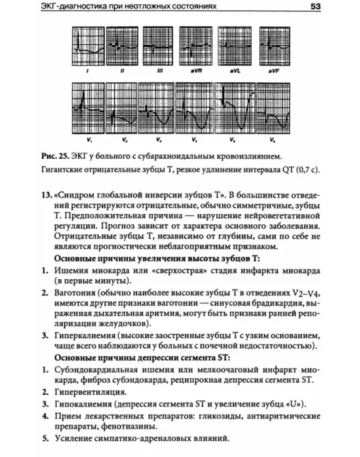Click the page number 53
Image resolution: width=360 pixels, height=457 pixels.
[315, 7]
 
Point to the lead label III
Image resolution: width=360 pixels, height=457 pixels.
[157, 72]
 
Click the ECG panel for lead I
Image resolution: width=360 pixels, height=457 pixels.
[89, 46]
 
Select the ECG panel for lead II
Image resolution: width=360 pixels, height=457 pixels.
[123, 46]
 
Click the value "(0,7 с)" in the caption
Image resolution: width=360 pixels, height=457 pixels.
[307, 171]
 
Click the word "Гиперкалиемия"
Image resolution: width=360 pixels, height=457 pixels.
[81, 336]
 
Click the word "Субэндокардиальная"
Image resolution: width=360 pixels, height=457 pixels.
[93, 370]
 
